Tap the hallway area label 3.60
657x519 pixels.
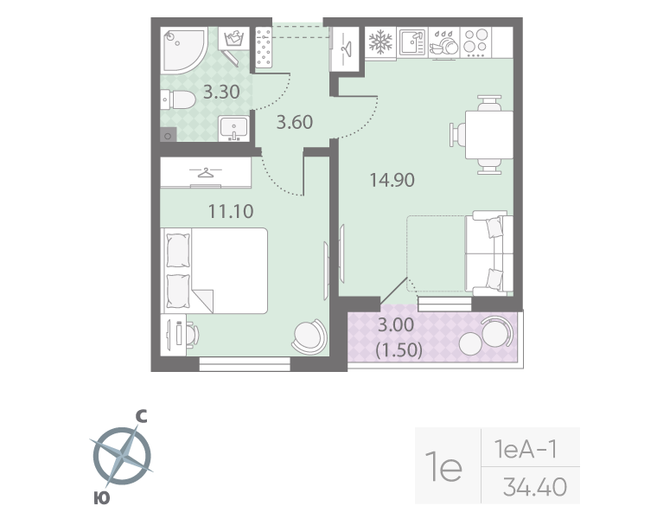pos(293,122)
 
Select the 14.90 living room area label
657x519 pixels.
pos(392,181)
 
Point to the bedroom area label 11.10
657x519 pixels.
pos(230,210)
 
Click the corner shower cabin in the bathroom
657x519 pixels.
pos(181,49)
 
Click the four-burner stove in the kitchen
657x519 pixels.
pos(476,42)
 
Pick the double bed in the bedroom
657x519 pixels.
pos(215,270)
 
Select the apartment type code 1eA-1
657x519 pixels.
pos(524,449)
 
